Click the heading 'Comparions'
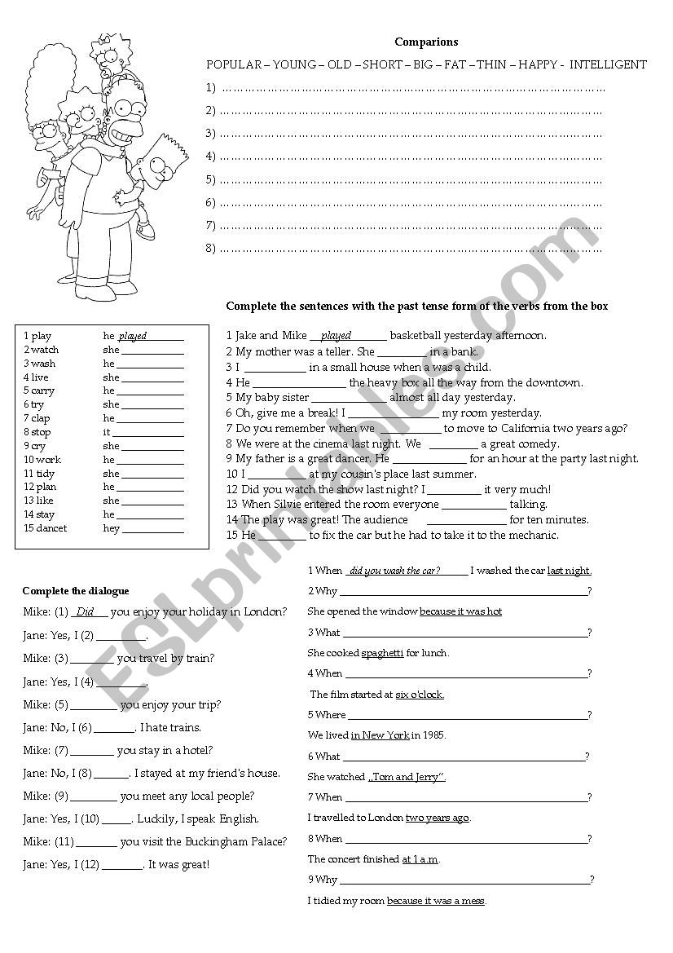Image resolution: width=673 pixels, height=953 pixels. [x=426, y=42]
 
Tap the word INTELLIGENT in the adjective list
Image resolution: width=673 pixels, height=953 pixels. [x=609, y=64]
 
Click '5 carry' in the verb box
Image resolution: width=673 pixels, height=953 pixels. [x=39, y=390]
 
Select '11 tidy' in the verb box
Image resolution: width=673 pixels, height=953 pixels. [x=39, y=474]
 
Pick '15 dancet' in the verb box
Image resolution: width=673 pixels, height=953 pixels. [x=46, y=528]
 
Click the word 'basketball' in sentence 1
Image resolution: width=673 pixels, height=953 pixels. [x=417, y=336]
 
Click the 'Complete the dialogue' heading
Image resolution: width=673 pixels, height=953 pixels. [x=76, y=590]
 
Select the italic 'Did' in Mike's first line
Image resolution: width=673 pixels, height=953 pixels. [x=85, y=611]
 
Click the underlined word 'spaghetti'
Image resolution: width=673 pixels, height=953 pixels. [x=382, y=653]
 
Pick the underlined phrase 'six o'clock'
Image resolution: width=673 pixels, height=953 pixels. [x=420, y=695]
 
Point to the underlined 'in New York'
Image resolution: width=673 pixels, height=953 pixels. [x=380, y=735]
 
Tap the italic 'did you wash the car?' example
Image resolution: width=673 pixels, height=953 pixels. [x=395, y=571]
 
